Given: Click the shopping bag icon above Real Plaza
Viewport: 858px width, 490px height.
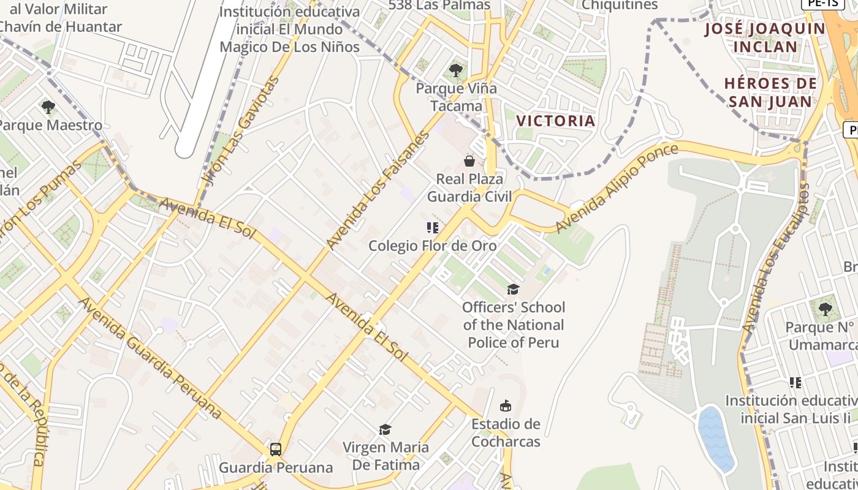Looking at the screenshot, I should pos(469,161).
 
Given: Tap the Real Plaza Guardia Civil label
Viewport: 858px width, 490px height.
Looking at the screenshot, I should pos(469,188).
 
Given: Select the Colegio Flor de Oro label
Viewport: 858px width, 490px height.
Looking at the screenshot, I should pos(432,246).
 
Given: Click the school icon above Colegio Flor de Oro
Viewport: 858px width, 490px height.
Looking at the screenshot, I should pos(432,228).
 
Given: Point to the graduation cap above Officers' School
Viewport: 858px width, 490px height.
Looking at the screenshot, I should pos(513,289).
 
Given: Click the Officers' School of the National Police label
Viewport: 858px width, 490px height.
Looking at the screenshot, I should pos(514,325).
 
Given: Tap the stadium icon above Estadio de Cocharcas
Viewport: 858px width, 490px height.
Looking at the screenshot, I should pos(506,405).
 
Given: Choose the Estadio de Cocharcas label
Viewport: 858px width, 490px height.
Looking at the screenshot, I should pos(506,433).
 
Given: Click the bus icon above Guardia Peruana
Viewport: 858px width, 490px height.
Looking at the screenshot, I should pos(276,450).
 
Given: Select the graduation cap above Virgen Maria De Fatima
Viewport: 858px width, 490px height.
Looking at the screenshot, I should pos(385,429).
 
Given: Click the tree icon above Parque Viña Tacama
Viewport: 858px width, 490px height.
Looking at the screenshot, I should pos(456,70).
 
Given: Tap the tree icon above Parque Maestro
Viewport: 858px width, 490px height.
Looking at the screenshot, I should pos(48,107).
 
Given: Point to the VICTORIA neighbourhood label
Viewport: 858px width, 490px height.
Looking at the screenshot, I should pos(556,121).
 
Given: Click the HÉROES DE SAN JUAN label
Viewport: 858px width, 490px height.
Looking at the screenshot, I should pos(770,92).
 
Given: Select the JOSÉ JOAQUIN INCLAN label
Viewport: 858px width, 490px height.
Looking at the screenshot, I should pos(765,37).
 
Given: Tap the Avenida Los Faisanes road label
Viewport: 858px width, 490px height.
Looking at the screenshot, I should pos(378,189).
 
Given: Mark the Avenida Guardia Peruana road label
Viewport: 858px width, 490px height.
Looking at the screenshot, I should pos(150,358).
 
